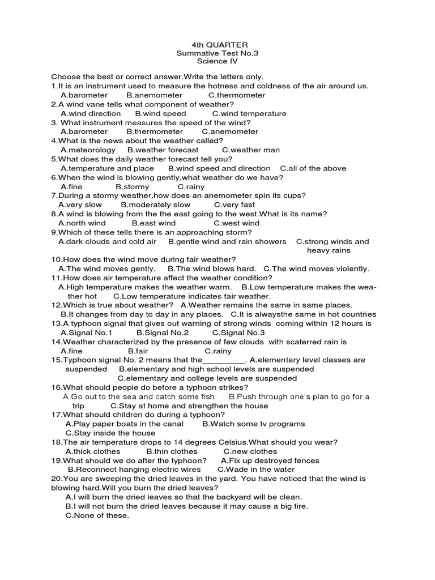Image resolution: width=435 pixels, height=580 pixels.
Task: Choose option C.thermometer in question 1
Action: point(237,95)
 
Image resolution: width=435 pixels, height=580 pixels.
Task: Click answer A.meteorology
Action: point(88,150)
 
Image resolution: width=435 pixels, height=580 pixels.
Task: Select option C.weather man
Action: point(251,150)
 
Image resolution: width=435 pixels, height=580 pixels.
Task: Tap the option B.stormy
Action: point(133,186)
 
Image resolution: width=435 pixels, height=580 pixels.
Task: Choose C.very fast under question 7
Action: point(234,204)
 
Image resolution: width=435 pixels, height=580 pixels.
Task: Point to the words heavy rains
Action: point(329,250)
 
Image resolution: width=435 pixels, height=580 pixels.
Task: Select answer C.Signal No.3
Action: point(238,332)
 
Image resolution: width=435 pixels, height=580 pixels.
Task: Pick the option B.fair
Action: point(134,351)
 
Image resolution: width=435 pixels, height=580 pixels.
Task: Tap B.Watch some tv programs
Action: point(253,424)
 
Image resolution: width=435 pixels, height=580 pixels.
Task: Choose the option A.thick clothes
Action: point(93,451)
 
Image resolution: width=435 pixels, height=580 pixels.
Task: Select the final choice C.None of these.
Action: point(97,515)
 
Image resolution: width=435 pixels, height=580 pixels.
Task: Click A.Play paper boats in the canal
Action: point(125,424)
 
